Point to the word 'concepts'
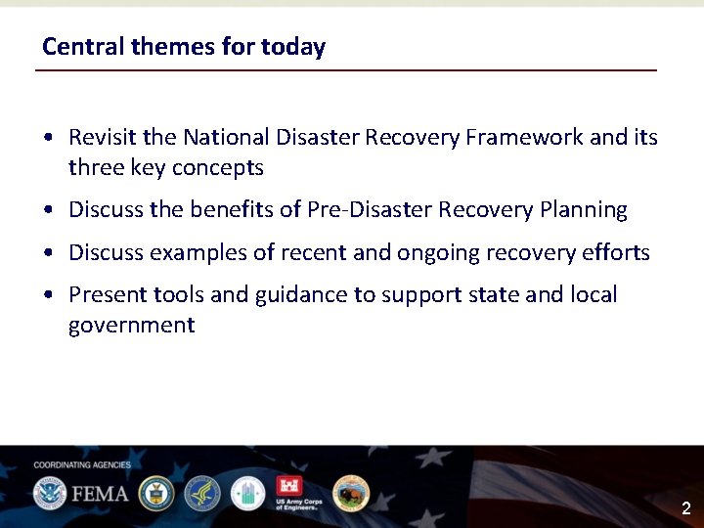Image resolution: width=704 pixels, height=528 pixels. click(217, 168)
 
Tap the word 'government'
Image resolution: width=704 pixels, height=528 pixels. click(131, 326)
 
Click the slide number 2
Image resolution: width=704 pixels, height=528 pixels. click(685, 508)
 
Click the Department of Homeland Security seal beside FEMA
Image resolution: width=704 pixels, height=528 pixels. click(49, 493)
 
